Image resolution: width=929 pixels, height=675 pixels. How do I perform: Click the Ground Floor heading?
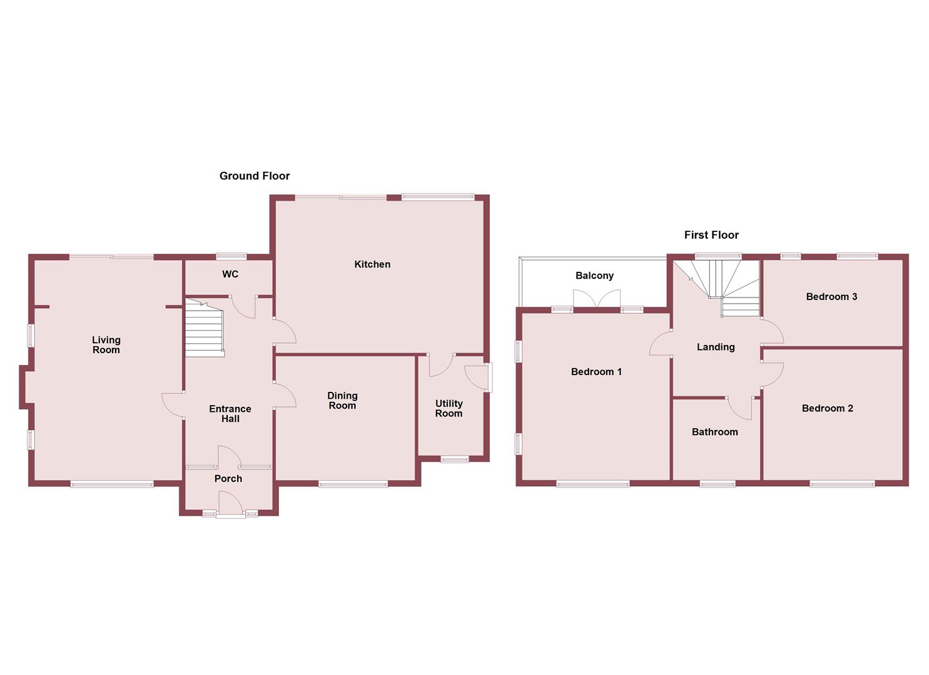255,176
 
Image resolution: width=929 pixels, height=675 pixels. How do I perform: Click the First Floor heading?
711,235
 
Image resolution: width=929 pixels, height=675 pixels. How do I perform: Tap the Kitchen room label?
372,264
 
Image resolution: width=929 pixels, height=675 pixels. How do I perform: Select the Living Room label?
106,345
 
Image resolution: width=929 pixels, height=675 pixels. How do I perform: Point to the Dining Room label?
342,401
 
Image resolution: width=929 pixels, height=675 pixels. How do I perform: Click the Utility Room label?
449,409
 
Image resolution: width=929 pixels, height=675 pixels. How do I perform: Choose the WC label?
230,274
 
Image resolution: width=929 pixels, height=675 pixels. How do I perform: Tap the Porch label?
228,479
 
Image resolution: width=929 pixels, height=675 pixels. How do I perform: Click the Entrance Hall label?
230,414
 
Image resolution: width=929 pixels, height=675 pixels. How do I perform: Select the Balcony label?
594,276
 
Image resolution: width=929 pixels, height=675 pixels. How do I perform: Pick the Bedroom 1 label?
596,372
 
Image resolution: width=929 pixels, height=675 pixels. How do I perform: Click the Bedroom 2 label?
827,409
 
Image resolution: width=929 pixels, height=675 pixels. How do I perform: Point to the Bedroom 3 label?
831,297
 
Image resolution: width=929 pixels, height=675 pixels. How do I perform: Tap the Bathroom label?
714,432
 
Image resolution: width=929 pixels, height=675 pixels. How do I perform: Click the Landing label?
716,347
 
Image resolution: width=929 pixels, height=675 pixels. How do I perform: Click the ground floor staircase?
204,329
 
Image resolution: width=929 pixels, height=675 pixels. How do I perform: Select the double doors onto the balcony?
597,299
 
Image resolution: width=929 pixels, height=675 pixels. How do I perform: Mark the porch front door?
230,504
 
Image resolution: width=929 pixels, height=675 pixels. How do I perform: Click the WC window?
231,256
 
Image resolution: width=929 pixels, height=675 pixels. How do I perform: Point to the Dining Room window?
353,483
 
